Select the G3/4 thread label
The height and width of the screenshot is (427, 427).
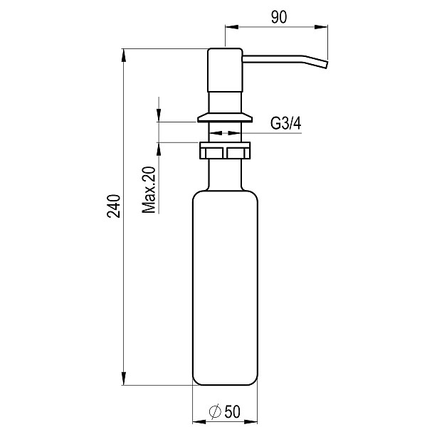286,124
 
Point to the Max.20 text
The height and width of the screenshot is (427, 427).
149,191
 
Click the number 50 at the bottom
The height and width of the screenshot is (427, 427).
231,411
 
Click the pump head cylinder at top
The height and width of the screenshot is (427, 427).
225,78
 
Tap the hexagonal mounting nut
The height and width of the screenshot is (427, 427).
225,151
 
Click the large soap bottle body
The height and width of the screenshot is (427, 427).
225,285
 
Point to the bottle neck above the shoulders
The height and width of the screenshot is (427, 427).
225,174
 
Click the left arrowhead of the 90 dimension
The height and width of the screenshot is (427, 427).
230,28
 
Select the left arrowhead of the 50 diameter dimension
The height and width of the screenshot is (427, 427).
198,420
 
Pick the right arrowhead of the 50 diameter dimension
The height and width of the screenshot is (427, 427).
252,420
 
